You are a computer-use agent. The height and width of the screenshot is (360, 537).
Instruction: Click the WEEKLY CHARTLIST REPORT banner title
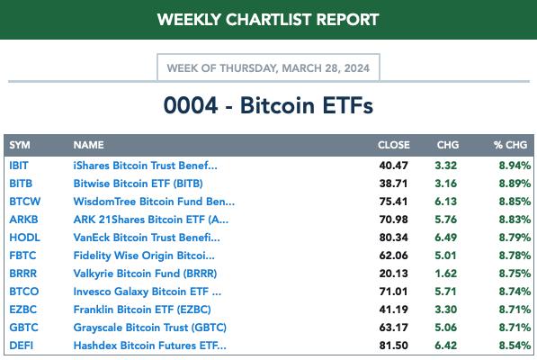click(268, 20)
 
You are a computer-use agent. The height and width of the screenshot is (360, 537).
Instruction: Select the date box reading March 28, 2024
click(268, 67)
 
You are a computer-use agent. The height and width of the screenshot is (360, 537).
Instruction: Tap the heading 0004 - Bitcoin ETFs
click(268, 105)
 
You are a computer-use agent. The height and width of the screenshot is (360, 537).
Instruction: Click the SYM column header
click(20, 145)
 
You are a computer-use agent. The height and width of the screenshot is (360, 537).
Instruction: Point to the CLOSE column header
click(393, 145)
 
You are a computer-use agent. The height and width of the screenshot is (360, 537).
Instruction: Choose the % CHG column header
click(510, 145)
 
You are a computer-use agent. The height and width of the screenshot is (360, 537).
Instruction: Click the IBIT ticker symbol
click(19, 166)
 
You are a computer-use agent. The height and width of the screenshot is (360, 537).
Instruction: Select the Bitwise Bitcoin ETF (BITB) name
click(138, 184)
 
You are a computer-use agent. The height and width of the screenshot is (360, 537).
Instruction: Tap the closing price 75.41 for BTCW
click(393, 202)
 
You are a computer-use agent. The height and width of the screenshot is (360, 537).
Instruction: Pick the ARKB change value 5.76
click(445, 220)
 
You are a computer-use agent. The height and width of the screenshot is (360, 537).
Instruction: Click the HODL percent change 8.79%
click(515, 238)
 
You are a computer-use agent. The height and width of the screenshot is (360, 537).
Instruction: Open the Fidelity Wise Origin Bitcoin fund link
click(144, 256)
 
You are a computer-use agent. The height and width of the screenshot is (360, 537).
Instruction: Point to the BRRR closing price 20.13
click(393, 274)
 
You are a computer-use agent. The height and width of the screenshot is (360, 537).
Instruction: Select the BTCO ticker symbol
click(24, 292)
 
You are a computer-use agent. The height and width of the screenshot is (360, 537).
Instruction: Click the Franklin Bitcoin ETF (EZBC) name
click(142, 310)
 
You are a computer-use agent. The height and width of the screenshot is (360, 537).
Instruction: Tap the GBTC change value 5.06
click(445, 328)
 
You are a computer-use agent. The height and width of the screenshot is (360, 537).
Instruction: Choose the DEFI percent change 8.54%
click(515, 346)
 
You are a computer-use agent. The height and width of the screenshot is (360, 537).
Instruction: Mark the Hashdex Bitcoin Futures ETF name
click(149, 346)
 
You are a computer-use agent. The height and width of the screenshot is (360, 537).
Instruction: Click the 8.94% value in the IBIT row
click(515, 166)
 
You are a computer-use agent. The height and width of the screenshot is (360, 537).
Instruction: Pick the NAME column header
click(88, 145)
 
